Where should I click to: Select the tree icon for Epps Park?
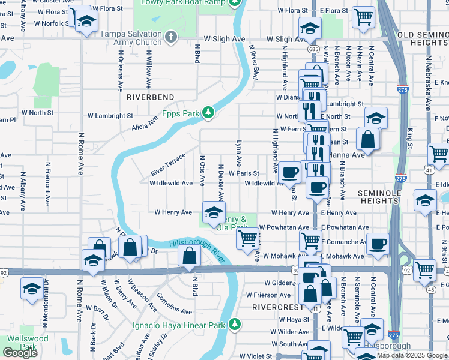click(x=208, y=112)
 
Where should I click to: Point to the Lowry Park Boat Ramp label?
click(x=183, y=3)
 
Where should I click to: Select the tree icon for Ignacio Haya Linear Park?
click(x=235, y=325)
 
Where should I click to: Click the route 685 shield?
click(x=313, y=48)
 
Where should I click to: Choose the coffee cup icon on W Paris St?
click(x=289, y=172)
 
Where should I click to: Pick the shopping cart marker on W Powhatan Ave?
click(x=249, y=238)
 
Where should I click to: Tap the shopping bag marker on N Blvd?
click(x=189, y=255)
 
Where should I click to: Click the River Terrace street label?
click(x=168, y=164)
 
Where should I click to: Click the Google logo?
click(x=20, y=353)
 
